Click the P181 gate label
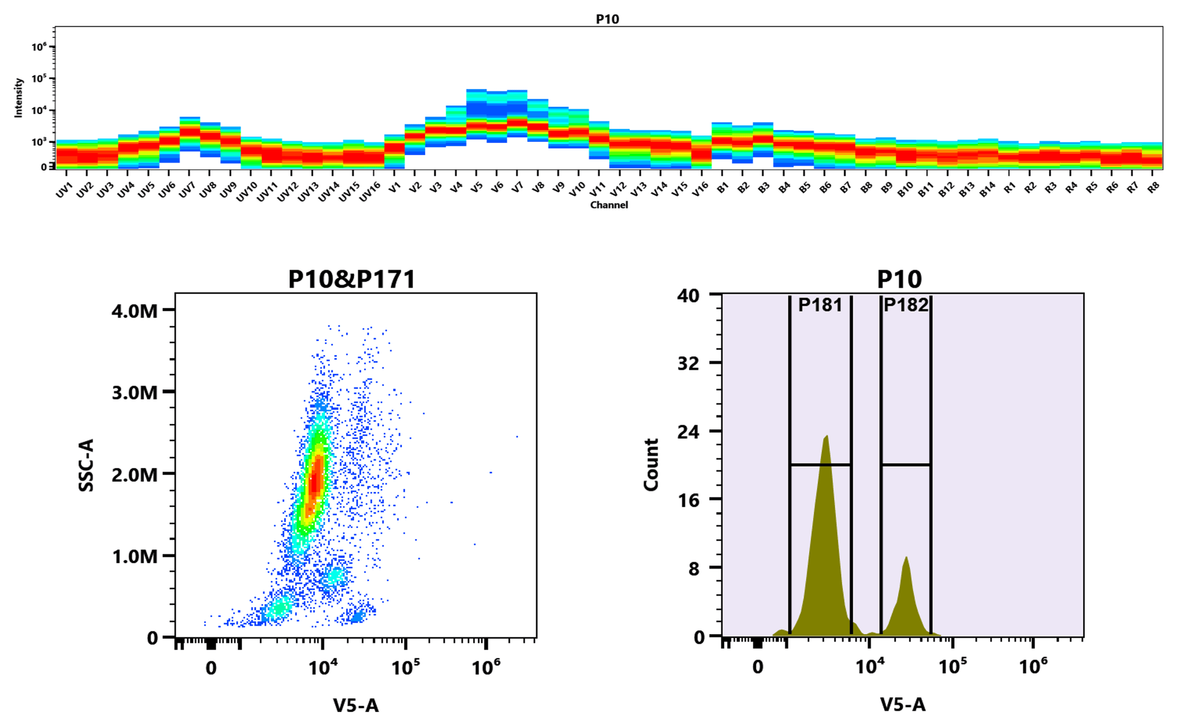point(820,305)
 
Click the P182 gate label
point(906,305)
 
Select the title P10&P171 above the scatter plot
point(352,280)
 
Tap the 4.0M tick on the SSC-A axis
point(134,311)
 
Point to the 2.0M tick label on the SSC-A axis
point(134,475)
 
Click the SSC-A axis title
point(87,465)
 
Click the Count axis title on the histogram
point(651,465)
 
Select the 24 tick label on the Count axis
point(688,432)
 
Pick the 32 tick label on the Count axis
point(688,364)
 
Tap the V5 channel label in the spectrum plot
point(477,188)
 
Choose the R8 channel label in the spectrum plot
point(1153,188)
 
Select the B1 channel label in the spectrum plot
point(722,188)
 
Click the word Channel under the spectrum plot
point(609,205)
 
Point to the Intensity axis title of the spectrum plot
point(18,98)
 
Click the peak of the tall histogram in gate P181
point(826,437)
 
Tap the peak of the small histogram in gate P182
point(906,559)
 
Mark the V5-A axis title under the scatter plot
point(356,705)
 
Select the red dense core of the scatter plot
point(315,481)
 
